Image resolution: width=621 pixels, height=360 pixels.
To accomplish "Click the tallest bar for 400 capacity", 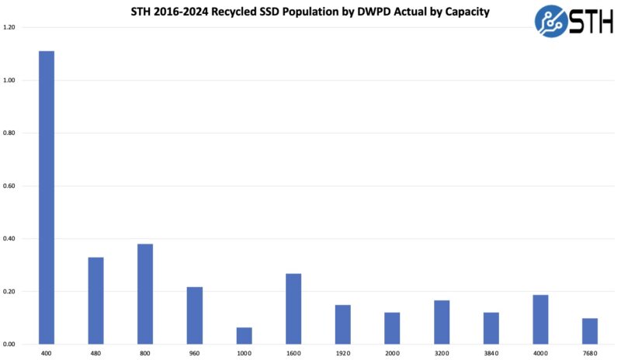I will (x=47, y=198).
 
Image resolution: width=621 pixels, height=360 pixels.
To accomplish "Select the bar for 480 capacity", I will (x=95, y=300).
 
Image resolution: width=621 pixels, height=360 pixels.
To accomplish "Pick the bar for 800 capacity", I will (x=145, y=294).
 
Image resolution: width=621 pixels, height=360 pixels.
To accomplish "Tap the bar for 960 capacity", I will (x=195, y=315).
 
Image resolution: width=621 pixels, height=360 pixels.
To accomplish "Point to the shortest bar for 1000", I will (x=244, y=336).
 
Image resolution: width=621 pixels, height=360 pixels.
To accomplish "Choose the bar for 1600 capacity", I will (x=293, y=309).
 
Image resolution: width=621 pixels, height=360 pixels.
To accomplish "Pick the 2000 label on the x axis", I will (x=392, y=353).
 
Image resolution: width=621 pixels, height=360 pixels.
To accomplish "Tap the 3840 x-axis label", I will (x=491, y=353).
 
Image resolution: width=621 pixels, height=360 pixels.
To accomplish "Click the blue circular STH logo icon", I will (x=551, y=21).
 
